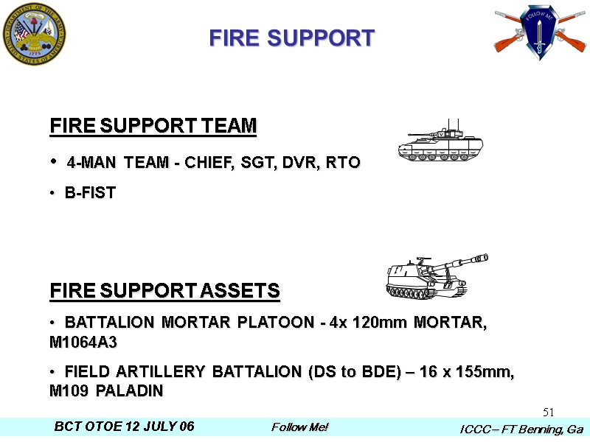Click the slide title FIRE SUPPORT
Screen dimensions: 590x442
(x=292, y=38)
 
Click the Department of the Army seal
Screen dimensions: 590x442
(x=34, y=34)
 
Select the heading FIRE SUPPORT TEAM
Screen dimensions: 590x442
(x=153, y=127)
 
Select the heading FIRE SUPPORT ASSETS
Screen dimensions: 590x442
(x=165, y=291)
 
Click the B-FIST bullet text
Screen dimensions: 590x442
(x=90, y=194)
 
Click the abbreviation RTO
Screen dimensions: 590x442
(x=344, y=163)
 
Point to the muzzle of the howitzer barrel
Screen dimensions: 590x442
(x=484, y=257)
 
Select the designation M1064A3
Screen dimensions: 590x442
(x=83, y=343)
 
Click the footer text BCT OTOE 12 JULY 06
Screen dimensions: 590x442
(x=124, y=427)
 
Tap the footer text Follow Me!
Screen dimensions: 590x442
(x=299, y=427)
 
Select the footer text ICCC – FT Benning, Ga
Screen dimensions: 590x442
(x=521, y=429)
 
